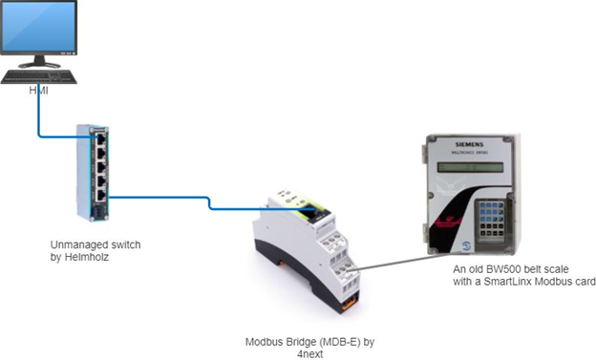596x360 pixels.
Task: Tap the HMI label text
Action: pos(38,91)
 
